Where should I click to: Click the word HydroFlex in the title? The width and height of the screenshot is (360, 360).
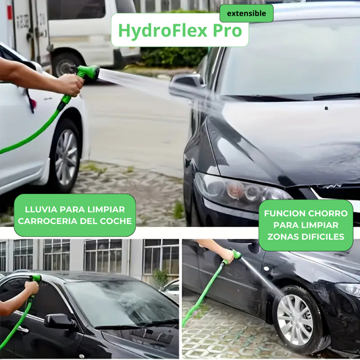[x=163, y=30]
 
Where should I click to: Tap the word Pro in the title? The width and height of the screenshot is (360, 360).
[x=228, y=30]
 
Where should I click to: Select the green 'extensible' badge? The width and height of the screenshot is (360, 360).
[x=247, y=14]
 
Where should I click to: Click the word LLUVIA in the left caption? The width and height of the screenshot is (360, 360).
[x=41, y=209]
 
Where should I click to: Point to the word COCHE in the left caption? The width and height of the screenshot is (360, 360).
[x=115, y=221]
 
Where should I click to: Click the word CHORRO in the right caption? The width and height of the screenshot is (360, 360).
[x=328, y=213]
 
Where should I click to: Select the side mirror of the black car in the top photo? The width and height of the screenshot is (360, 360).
[x=186, y=85]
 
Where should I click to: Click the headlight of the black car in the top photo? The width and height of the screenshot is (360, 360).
[x=241, y=190]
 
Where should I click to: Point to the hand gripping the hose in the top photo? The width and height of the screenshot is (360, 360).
[x=70, y=84]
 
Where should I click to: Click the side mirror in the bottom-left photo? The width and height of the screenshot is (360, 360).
[x=59, y=321]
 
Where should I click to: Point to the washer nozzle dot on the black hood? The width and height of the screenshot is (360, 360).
[x=326, y=108]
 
